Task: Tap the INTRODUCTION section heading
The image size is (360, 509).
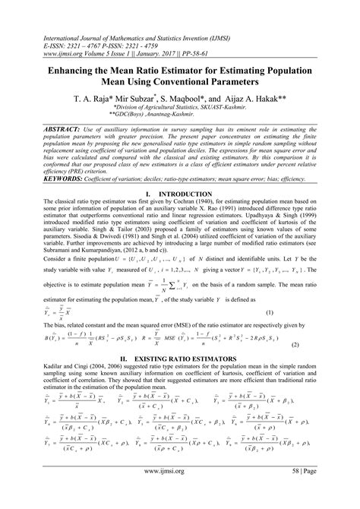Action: point(191,194)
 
